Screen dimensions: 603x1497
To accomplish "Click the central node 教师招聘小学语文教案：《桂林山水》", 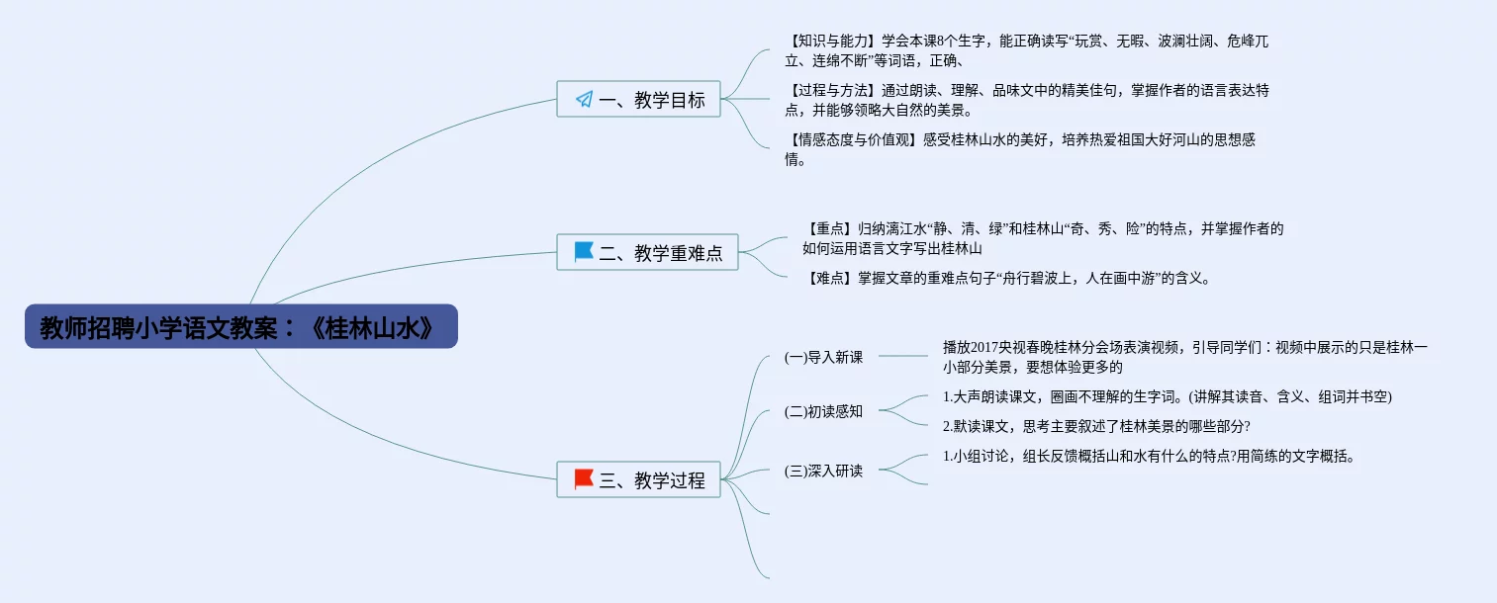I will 240,327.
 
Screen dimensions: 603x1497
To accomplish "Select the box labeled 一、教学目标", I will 638,99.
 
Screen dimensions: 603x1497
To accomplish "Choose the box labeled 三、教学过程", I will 638,480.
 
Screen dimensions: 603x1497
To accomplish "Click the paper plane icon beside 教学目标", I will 584,99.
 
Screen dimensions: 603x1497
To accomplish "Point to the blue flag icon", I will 584,252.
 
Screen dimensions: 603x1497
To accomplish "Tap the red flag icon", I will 584,479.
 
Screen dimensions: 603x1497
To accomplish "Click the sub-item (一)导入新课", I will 823,357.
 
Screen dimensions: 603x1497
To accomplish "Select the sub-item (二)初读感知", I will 823,411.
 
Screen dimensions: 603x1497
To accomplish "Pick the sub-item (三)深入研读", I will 823,471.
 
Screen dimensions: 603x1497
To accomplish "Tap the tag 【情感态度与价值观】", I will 853,140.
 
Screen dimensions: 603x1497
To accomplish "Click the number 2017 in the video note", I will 986,347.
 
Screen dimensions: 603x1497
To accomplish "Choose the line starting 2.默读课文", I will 1096,426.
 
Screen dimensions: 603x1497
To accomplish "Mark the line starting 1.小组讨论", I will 1148,457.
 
